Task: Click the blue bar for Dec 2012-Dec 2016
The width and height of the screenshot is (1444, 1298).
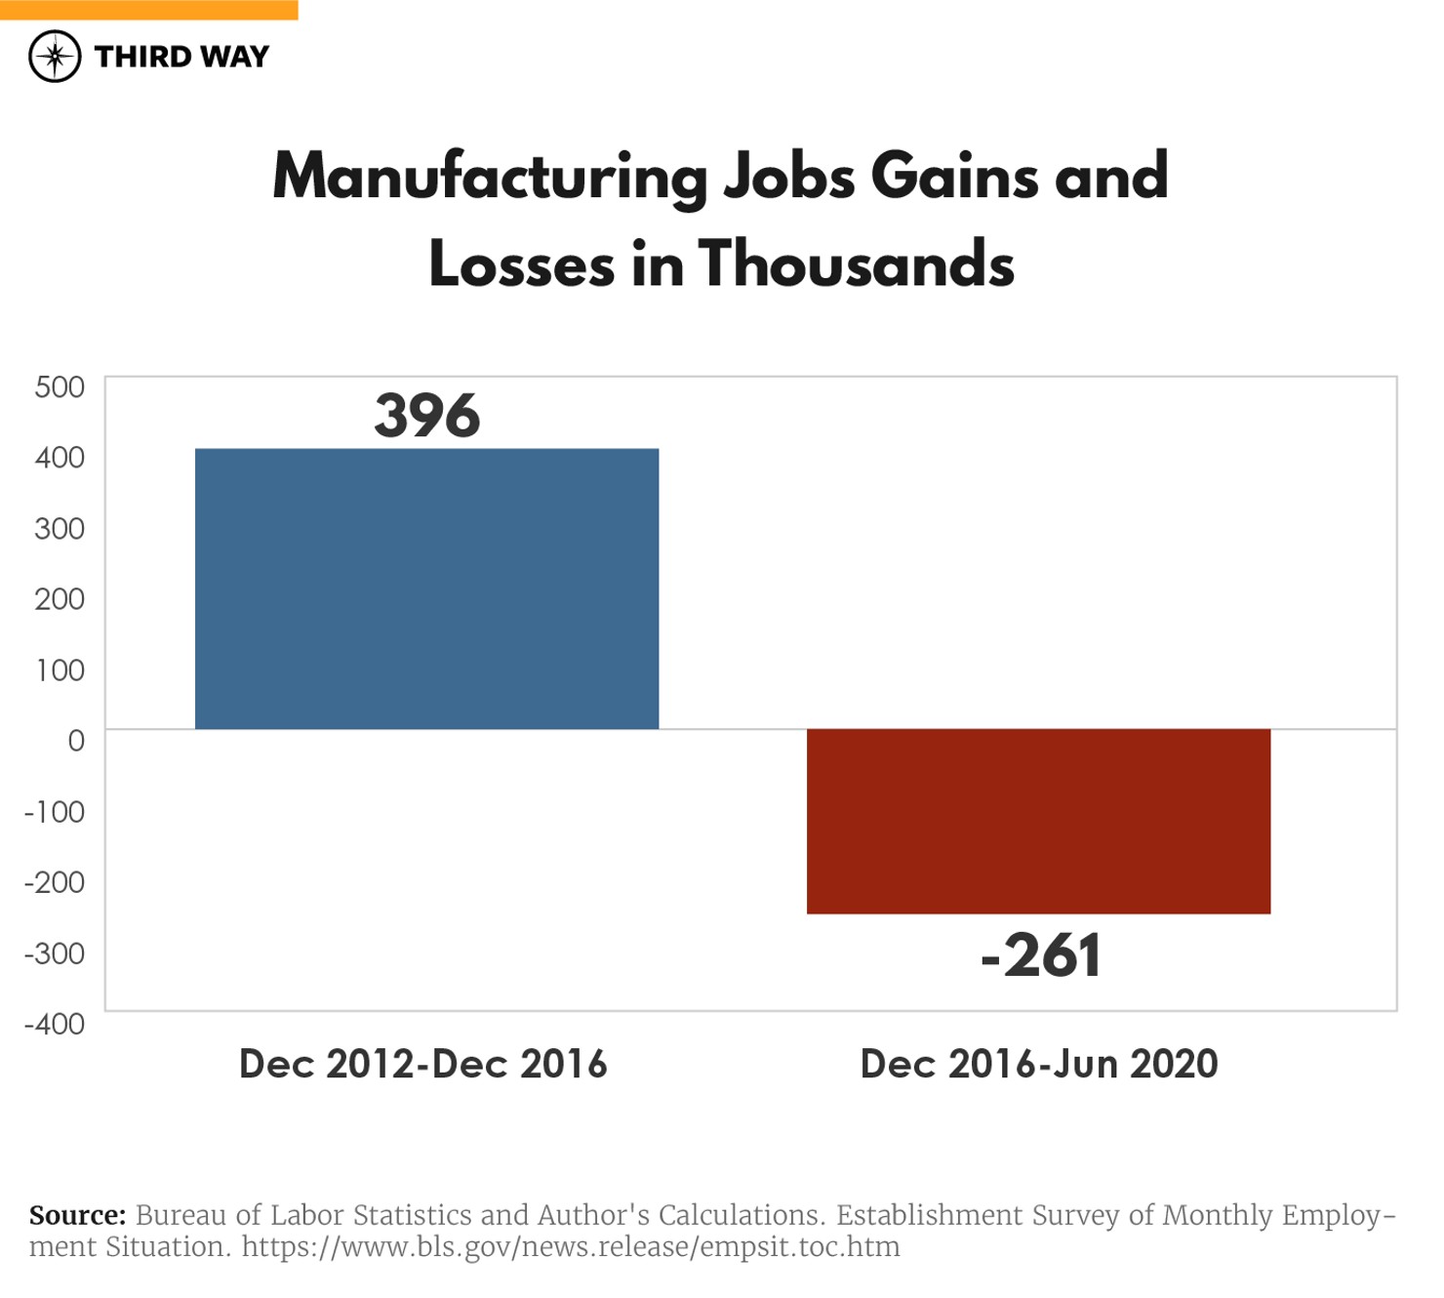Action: [426, 588]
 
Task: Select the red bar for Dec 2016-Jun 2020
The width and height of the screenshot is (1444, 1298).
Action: [1038, 821]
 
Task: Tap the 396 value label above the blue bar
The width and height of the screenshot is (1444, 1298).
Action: [427, 416]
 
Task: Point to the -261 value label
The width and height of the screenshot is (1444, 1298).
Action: [1040, 955]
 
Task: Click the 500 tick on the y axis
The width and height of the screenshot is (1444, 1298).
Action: [60, 387]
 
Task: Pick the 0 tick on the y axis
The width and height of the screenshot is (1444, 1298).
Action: [76, 741]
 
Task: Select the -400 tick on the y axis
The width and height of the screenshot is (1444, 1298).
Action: [55, 1025]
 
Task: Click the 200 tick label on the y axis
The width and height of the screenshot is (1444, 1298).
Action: [60, 599]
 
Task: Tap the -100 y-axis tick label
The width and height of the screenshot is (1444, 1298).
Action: [55, 812]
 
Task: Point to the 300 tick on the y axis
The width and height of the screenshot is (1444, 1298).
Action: [60, 529]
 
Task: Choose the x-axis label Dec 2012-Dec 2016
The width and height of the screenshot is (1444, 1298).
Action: [423, 1064]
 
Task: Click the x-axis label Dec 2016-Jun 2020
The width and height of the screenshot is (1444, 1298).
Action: [1039, 1064]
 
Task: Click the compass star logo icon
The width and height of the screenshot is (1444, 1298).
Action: [55, 57]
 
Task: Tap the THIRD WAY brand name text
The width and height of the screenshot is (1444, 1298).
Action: [181, 57]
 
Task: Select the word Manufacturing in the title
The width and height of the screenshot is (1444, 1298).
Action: [490, 179]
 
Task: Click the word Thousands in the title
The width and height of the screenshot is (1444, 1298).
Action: [857, 265]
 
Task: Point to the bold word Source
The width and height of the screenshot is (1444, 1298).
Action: [77, 1216]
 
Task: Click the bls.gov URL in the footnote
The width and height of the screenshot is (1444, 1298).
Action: [571, 1247]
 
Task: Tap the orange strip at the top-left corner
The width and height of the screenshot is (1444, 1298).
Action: [148, 10]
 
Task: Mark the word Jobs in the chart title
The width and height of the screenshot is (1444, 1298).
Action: [789, 179]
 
